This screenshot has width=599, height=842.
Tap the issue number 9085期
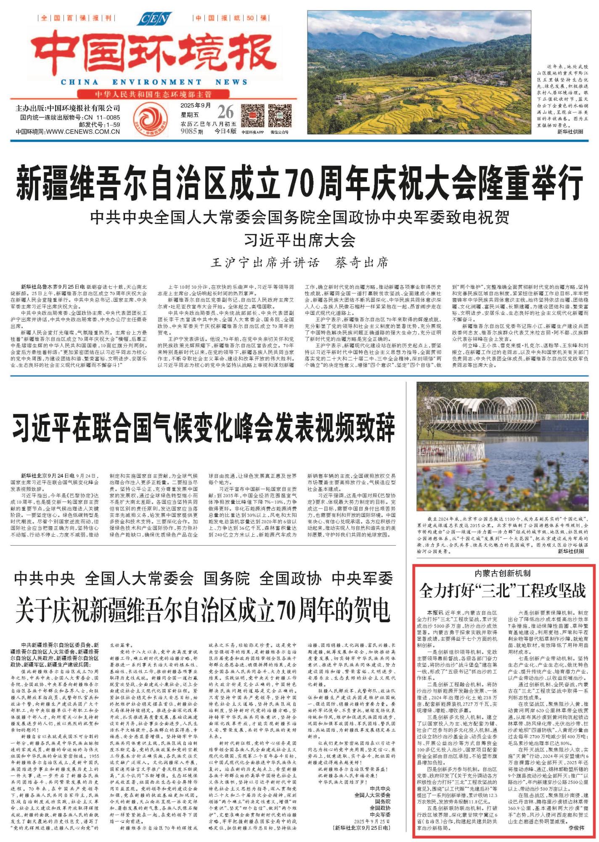tap(192, 131)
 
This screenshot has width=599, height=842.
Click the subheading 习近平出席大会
tap(299, 240)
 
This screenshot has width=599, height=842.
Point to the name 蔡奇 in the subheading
tap(349, 263)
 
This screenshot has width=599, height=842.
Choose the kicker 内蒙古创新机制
tap(503, 573)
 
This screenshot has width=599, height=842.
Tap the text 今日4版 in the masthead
tap(225, 131)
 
